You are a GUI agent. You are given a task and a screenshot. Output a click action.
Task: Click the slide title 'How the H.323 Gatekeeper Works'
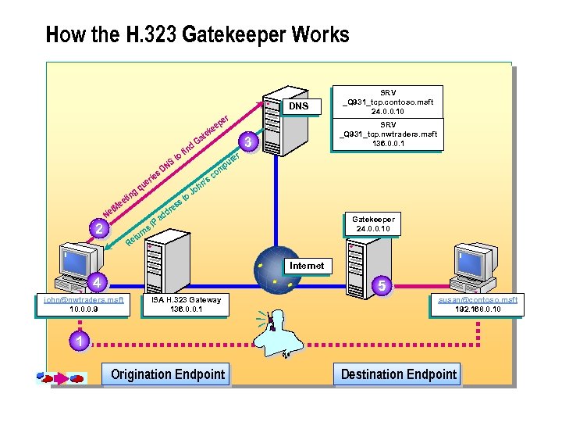197,35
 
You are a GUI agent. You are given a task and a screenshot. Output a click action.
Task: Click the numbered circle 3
247,142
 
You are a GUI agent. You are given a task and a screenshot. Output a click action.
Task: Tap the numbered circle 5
382,287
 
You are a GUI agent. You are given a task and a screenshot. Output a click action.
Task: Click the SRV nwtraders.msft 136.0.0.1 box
388,134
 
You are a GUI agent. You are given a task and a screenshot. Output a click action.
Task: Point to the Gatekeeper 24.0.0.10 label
372,224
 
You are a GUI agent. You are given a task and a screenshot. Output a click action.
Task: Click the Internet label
306,266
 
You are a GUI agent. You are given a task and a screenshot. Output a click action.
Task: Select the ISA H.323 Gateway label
186,304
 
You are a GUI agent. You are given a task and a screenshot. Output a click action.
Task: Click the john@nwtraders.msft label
84,304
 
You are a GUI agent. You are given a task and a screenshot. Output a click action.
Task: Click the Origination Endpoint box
168,374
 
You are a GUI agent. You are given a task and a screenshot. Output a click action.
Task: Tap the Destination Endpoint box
399,374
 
